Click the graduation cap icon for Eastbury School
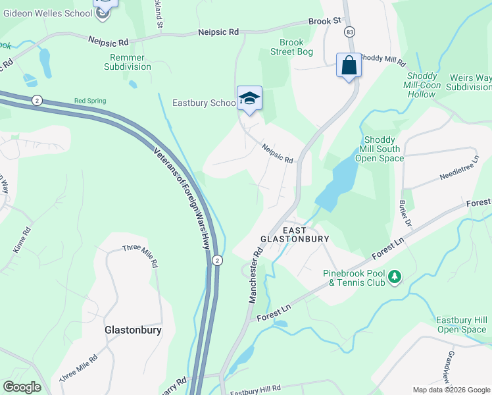point(249,99)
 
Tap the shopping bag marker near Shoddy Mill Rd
point(349,66)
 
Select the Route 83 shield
point(349,32)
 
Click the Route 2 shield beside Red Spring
point(36,99)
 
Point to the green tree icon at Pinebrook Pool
point(394,277)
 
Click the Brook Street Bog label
point(292,47)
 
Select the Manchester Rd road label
point(255,275)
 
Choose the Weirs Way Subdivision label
point(470,82)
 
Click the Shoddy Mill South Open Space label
point(380,149)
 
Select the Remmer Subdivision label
point(127,62)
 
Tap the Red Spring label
point(89,101)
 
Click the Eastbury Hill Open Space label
point(461,325)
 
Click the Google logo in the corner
point(22,387)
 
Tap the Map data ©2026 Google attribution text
point(451,390)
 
